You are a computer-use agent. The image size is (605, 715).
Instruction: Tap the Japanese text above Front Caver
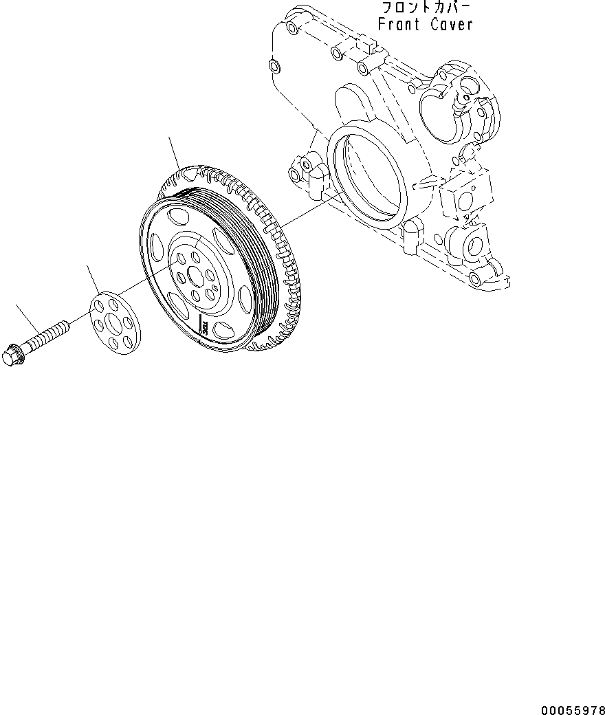click(426, 8)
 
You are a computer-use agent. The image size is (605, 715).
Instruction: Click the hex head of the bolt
click(12, 356)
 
